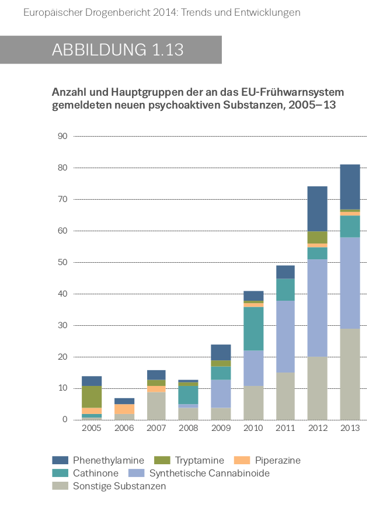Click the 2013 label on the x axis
pyautogui.click(x=350, y=428)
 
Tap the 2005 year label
pyautogui.click(x=92, y=428)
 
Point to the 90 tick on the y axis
pyautogui.click(x=62, y=137)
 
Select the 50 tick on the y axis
pyautogui.click(x=62, y=263)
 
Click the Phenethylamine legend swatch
pyautogui.click(x=61, y=460)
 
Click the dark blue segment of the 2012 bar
pyautogui.click(x=318, y=208)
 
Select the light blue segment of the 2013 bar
pyautogui.click(x=350, y=283)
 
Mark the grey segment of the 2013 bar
pyautogui.click(x=350, y=374)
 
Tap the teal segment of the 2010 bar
pyautogui.click(x=253, y=328)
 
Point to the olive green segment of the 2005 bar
pyautogui.click(x=92, y=396)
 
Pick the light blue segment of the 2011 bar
pyautogui.click(x=285, y=336)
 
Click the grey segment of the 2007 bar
pyautogui.click(x=156, y=405)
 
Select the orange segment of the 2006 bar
pyautogui.click(x=124, y=409)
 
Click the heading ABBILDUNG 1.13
pyautogui.click(x=117, y=50)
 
